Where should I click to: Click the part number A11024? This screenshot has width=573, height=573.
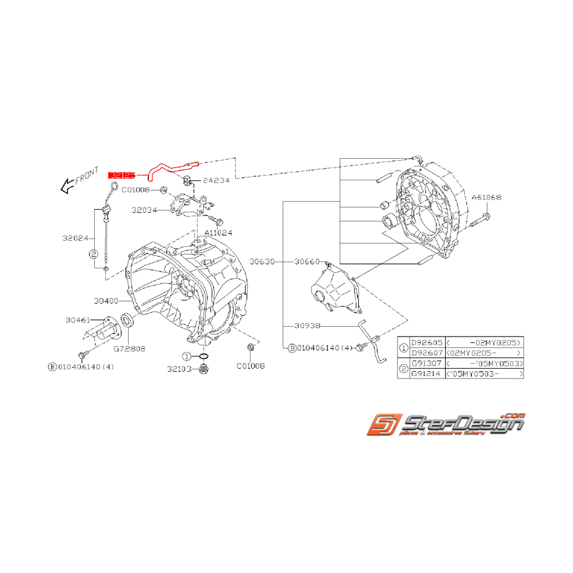coord(218,233)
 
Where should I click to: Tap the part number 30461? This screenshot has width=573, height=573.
coord(78,320)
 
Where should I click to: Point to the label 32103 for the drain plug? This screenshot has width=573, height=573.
coord(179,369)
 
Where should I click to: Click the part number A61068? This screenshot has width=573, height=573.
coord(487,198)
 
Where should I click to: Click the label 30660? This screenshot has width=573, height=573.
coord(308,262)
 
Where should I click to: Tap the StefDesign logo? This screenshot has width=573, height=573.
coord(446,426)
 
